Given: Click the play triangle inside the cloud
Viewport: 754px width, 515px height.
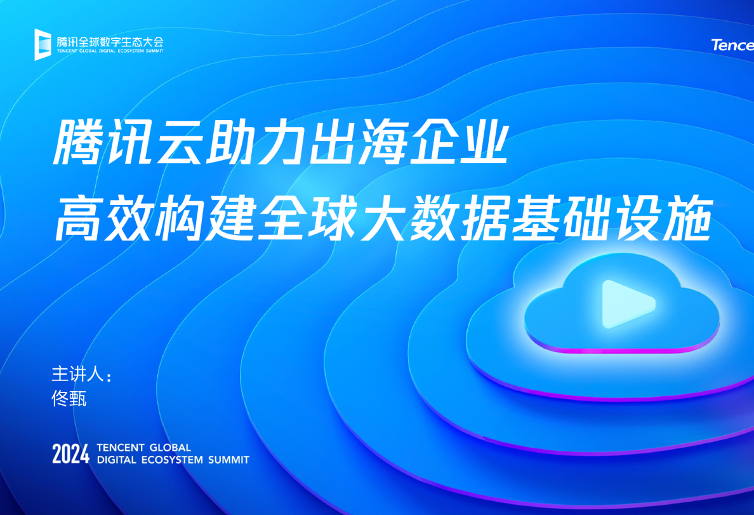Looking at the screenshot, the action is point(627,304).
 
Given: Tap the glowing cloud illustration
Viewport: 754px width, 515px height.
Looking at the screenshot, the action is point(622,304).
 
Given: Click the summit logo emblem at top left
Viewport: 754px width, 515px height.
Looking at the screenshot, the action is point(43,44).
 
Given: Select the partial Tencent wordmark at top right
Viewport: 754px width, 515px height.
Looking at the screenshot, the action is point(732,44).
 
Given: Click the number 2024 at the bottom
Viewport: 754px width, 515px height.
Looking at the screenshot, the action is point(70,454).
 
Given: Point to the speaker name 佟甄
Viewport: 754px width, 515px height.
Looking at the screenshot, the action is point(69,399).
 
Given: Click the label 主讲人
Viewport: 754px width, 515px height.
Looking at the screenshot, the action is point(77,374).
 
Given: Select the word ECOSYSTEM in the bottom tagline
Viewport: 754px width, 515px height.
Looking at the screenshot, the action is point(172,460).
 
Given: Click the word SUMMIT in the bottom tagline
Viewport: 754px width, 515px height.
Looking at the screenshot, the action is point(229,460).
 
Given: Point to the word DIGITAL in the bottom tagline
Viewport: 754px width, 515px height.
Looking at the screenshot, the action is point(117,460).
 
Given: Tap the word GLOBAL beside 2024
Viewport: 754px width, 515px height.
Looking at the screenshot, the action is point(170,448).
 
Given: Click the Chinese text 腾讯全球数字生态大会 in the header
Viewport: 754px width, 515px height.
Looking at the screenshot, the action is point(110,42).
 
